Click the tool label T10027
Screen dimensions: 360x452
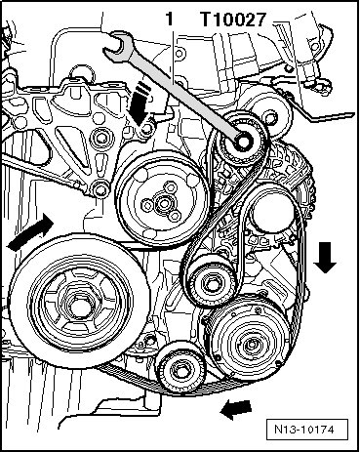233,20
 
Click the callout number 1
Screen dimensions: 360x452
170,20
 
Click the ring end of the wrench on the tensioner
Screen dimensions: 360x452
243,141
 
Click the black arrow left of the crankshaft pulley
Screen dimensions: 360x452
31,233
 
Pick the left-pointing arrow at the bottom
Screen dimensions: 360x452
236,409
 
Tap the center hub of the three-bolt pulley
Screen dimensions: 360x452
162,203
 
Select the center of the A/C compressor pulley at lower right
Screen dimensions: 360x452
251,346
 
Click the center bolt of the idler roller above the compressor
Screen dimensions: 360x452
211,283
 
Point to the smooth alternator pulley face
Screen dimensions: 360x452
270,212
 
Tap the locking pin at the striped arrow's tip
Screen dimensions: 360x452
147,129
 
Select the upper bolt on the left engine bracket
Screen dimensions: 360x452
100,139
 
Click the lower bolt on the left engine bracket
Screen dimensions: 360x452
101,189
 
